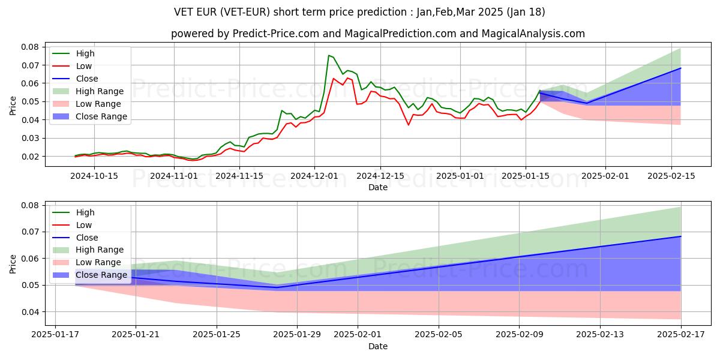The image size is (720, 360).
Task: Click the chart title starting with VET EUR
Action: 359,12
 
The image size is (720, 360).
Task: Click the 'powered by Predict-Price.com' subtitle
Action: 377,34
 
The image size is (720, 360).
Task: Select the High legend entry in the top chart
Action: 86,53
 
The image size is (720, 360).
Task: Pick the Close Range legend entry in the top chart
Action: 101,116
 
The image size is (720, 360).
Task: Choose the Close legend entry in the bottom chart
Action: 87,237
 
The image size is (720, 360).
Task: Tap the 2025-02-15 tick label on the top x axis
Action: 671,176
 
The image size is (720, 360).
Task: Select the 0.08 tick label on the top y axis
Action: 30,47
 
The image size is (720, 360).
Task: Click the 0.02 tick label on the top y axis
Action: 30,157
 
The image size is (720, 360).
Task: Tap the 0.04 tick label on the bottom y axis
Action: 30,312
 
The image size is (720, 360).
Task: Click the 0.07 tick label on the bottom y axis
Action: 30,232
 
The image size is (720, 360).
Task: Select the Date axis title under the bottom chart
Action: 378,346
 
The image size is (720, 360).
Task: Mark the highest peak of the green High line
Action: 328,55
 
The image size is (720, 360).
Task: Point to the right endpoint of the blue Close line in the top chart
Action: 680,68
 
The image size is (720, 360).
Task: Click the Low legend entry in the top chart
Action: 85,66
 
